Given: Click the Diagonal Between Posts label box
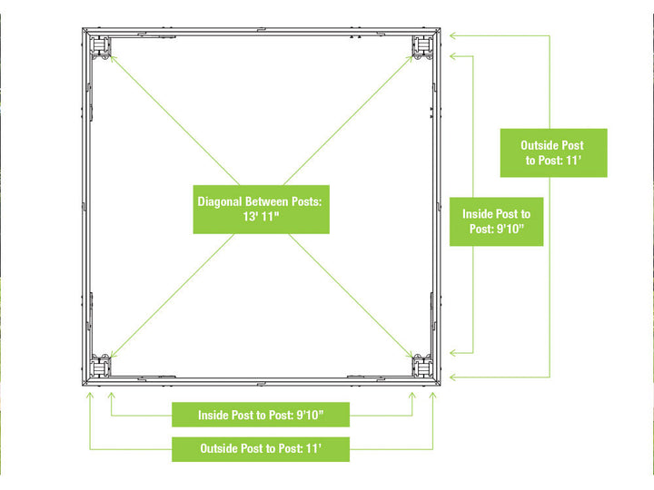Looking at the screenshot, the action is (x=261, y=210).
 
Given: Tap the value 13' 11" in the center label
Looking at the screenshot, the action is (x=261, y=217).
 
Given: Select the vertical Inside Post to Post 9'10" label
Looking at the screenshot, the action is (x=496, y=221).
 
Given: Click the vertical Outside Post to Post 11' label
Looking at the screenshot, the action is (x=553, y=153).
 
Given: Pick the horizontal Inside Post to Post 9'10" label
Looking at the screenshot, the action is (x=261, y=415).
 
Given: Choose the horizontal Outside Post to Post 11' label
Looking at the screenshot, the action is (x=261, y=449).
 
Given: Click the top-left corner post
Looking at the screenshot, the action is (x=100, y=46).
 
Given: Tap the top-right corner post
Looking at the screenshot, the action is (x=422, y=46).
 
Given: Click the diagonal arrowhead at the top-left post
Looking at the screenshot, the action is (x=112, y=58).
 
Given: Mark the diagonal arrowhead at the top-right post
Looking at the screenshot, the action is (x=411, y=59).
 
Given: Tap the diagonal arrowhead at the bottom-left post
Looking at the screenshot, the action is (x=113, y=355).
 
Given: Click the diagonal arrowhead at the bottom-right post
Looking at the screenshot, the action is (x=411, y=355).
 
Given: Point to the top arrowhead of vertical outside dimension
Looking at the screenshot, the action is (x=453, y=35).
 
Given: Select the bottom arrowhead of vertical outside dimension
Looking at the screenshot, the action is (x=453, y=377).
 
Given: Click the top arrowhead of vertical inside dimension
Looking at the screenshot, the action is (x=453, y=56).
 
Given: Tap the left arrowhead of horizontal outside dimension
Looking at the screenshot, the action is (x=90, y=395).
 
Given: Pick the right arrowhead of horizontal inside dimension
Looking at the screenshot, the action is (x=412, y=395).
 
